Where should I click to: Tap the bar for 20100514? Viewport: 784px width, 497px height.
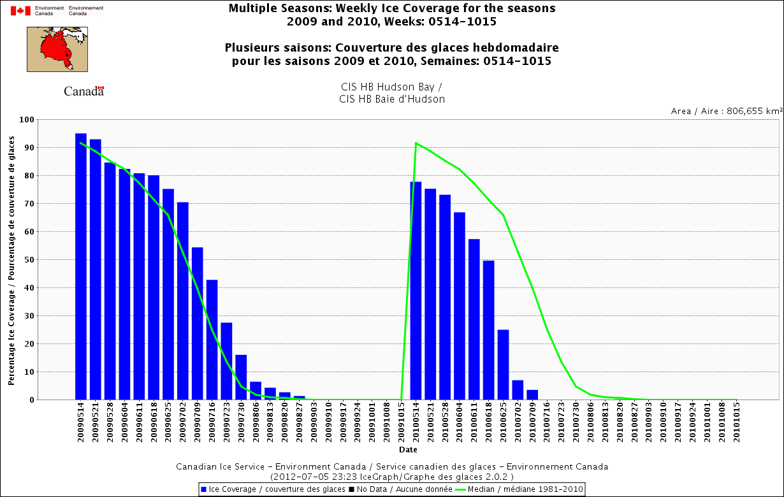point(416,291)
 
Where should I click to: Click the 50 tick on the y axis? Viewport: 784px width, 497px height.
point(29,260)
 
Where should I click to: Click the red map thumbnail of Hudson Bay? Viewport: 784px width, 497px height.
point(57,48)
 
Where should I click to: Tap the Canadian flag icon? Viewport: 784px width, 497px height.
point(20,10)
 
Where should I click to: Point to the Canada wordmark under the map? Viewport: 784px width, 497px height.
point(83,91)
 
